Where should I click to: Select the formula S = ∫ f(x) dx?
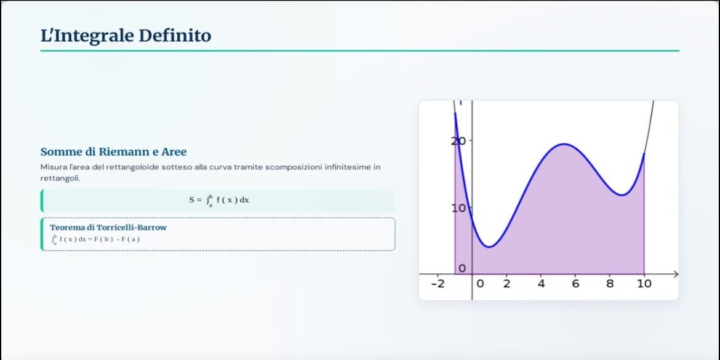tap(219, 200)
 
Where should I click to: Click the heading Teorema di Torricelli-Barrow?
tap(108, 227)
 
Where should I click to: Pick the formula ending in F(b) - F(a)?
tap(95, 239)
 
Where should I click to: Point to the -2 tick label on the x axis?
tap(438, 284)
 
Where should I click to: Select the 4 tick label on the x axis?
tap(541, 284)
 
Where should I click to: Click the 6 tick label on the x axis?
tap(575, 284)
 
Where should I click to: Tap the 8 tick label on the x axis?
tap(610, 284)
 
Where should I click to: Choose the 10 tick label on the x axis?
tap(644, 284)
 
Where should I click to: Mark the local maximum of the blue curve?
tap(564, 144)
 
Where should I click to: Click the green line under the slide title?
tap(360, 51)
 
